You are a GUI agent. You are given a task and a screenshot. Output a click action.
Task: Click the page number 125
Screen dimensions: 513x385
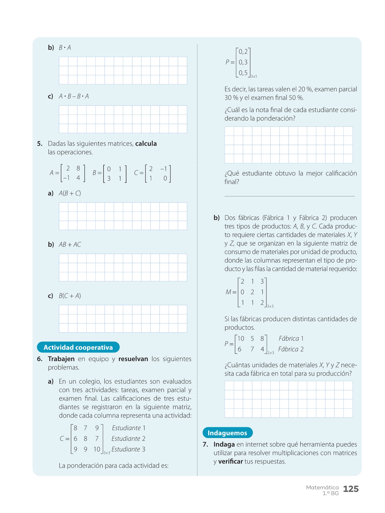coord(351,489)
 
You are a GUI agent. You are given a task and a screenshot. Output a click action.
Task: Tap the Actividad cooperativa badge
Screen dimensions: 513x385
coord(78,347)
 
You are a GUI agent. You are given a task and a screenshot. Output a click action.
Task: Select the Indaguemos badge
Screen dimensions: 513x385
coord(227,433)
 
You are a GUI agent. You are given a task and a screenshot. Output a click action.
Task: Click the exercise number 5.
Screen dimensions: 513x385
coord(40,144)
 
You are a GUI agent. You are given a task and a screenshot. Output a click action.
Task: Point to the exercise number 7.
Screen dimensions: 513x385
coord(205,444)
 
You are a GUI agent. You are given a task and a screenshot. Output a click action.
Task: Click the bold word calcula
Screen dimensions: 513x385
coord(146,144)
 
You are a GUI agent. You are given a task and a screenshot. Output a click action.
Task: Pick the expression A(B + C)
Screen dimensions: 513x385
coord(70,193)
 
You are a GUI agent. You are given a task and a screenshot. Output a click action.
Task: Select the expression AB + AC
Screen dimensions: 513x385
coord(70,245)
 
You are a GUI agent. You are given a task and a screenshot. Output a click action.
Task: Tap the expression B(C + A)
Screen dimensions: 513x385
coord(70,296)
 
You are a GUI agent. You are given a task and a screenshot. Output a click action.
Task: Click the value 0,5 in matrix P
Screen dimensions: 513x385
coord(243,73)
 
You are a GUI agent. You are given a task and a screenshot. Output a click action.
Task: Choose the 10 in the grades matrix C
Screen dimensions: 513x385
coord(97,449)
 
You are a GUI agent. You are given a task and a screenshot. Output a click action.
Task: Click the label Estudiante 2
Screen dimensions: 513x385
coord(128,439)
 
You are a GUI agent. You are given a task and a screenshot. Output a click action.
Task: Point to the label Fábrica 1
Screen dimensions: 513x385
coord(291,339)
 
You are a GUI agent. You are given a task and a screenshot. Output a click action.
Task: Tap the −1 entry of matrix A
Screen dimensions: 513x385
coord(66,178)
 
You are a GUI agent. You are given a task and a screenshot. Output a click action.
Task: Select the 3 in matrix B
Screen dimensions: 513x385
coord(109,178)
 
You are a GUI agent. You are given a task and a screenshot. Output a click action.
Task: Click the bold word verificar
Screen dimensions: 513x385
coord(230,461)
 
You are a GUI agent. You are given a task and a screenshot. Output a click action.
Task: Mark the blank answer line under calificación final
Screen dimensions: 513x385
coord(289,196)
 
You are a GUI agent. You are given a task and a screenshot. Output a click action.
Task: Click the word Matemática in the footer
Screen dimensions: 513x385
coord(322,487)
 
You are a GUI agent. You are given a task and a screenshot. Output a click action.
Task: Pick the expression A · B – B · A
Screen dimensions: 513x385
coord(74,96)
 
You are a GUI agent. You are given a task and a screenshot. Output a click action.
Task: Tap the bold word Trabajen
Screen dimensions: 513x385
coord(61,359)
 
